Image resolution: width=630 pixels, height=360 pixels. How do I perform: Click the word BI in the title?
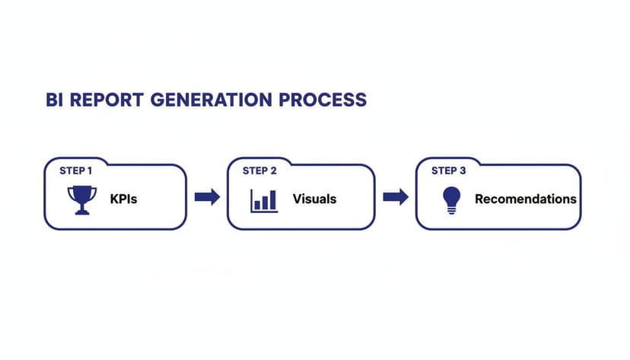coord(35,100)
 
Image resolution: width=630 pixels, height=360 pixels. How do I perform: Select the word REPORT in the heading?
coord(86,100)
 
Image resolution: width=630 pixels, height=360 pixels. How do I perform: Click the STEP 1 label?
coord(76,170)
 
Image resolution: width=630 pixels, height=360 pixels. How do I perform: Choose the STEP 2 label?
coord(259,170)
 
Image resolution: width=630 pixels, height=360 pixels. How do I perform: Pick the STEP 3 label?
coord(448,170)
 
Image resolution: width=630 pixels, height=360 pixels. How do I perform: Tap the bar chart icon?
coord(264,199)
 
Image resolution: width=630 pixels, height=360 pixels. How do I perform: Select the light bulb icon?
coord(452,199)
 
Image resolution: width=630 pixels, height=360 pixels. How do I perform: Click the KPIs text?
coord(123,199)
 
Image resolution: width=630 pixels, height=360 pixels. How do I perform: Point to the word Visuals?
coord(314,199)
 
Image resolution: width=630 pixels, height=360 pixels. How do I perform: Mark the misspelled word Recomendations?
coord(525,199)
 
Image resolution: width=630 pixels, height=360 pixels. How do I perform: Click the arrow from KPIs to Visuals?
coord(207,198)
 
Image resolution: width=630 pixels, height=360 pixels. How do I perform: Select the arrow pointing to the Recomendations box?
coord(395,198)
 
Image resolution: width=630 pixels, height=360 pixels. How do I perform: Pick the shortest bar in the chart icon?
coord(258,205)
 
